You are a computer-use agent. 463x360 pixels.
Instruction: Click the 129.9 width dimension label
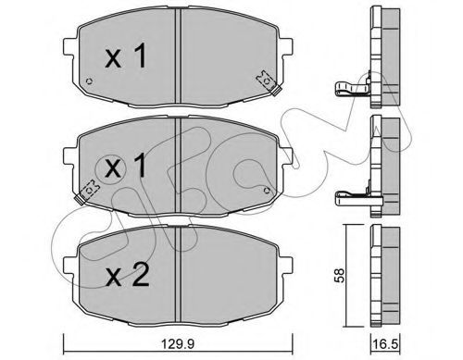178,343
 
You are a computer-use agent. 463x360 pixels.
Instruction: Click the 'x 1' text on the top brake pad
126,56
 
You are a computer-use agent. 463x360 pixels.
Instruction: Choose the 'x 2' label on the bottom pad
127,274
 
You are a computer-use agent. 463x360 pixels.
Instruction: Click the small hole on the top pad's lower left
89,81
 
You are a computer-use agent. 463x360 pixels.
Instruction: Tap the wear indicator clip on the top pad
268,82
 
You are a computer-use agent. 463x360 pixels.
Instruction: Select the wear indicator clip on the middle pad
87,192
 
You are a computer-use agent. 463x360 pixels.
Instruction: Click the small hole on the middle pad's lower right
267,191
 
